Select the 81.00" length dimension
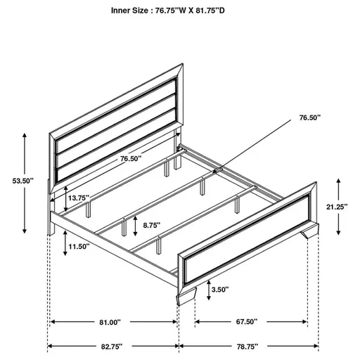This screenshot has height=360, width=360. pos(109,322)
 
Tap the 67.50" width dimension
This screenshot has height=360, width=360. pos(245,322)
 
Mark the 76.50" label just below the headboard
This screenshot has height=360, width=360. pos(131,159)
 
